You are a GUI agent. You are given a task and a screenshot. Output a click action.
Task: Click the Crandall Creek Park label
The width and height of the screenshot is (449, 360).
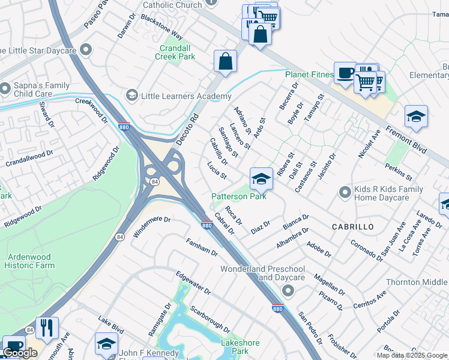(178, 52)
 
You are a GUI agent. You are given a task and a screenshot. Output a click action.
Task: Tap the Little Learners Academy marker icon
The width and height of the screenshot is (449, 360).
(131, 95)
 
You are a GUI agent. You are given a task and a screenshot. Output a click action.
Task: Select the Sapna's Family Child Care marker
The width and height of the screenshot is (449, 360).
(5, 89)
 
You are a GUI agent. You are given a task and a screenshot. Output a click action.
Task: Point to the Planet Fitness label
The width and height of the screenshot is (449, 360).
(309, 74)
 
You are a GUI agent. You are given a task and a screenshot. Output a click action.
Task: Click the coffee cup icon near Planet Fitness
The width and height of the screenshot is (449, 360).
(345, 73)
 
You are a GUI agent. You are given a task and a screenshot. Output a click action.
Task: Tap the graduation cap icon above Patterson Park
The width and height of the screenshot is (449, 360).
(261, 179)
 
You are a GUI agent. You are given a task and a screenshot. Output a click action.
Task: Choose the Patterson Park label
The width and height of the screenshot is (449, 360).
(239, 196)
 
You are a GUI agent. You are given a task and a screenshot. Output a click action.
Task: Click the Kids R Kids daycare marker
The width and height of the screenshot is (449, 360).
(345, 193)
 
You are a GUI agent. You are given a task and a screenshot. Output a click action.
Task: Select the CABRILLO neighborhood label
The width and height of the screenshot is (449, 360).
(353, 227)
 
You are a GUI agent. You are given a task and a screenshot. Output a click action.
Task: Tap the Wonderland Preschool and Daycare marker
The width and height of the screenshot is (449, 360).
(288, 291)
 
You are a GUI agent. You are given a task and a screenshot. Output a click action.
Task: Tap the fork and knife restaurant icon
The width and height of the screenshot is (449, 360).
(47, 328)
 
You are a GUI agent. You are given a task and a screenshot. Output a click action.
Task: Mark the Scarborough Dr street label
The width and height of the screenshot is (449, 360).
(209, 320)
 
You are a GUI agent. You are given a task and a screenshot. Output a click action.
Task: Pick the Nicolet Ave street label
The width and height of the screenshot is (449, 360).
(369, 145)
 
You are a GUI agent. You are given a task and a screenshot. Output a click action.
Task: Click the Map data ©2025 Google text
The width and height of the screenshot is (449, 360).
(412, 355)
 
